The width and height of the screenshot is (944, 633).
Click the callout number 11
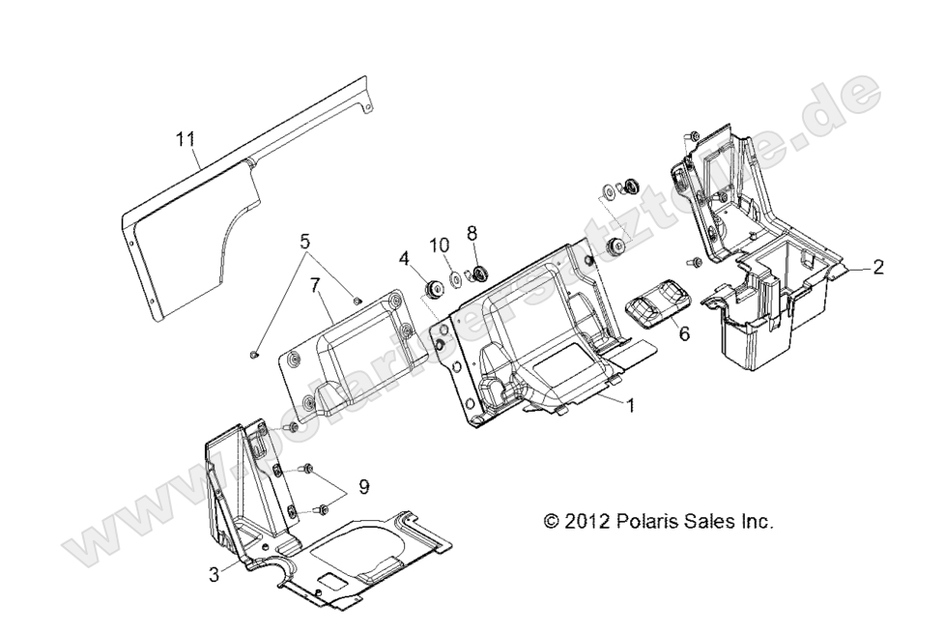click(185, 140)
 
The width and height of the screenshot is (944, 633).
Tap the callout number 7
click(314, 285)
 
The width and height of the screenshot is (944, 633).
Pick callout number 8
click(472, 233)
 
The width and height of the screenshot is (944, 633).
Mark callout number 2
click(877, 268)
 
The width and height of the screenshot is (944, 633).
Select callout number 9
click(363, 488)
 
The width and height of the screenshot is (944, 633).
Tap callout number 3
click(214, 574)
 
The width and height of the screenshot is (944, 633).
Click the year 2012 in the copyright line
click(586, 522)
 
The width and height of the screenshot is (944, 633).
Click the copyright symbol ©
click(552, 522)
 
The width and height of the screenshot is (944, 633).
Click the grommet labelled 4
click(432, 289)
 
